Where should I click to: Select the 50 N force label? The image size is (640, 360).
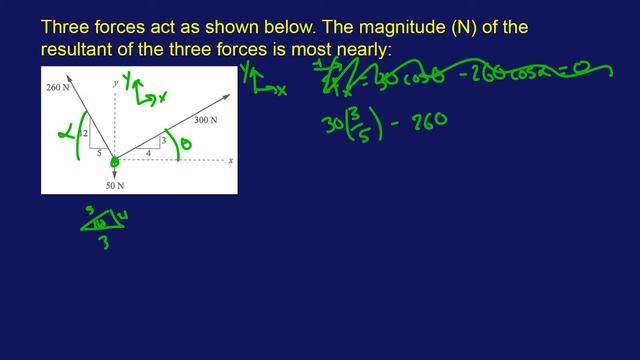114,186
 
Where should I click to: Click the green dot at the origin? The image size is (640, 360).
114,160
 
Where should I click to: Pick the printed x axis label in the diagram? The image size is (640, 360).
230,160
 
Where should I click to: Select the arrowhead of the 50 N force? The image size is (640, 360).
114,176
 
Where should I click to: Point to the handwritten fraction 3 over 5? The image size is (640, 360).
354,123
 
